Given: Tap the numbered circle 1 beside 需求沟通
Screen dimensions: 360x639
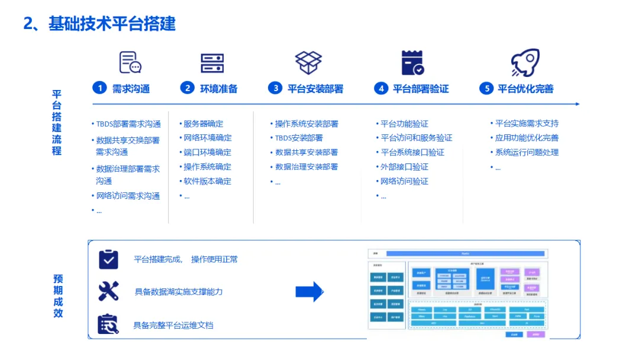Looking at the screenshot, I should click(99, 88).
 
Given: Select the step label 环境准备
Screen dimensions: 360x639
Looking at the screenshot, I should click(218, 89).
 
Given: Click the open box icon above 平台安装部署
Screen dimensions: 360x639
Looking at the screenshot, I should click(308, 62).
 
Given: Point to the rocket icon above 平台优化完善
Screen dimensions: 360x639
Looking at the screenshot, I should click(525, 62).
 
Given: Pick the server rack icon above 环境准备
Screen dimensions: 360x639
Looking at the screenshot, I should click(212, 63).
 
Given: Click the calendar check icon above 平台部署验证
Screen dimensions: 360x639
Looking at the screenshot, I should click(412, 63).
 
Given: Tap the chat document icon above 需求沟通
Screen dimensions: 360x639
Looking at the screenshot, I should click(130, 62).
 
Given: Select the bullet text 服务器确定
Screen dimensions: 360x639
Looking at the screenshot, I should click(203, 124).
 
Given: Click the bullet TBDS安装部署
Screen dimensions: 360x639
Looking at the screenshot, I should click(299, 138).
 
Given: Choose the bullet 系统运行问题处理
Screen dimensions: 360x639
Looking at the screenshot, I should click(527, 152).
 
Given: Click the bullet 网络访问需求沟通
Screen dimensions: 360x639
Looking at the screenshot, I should click(128, 196).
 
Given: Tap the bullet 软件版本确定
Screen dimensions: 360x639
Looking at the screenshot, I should click(207, 181).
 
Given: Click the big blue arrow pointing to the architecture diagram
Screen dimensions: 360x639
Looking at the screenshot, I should click(309, 291).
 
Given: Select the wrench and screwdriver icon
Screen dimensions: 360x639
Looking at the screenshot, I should click(108, 291).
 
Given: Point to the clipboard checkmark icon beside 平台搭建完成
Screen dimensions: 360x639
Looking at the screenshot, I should click(108, 259).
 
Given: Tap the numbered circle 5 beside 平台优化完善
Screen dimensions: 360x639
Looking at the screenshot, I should click(486, 88).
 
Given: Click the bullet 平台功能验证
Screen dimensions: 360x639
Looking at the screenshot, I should click(404, 124).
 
